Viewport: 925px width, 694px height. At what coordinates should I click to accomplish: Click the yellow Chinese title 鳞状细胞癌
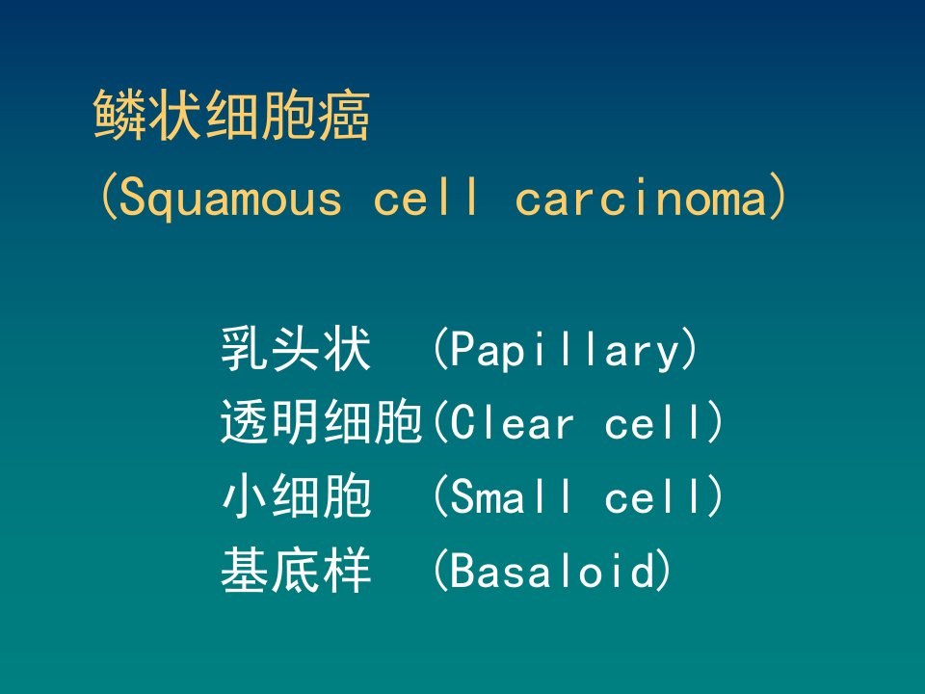[231, 115]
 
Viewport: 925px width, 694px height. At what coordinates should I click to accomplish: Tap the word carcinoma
[641, 196]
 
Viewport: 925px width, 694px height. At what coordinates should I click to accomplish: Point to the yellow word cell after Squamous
[426, 196]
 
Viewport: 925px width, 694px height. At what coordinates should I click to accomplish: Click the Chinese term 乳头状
[296, 349]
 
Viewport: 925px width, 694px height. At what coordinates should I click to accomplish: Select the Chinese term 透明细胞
[322, 422]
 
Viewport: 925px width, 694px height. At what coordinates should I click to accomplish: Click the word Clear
[512, 422]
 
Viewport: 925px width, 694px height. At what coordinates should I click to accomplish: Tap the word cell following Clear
[655, 422]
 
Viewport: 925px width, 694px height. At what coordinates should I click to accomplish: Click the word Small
[511, 495]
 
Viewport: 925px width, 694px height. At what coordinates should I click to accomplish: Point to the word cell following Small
[655, 495]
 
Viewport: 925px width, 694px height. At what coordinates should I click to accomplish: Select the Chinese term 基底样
[296, 570]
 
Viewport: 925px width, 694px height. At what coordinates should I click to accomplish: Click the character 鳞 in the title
[119, 115]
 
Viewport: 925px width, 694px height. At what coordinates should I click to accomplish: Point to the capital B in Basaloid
[463, 570]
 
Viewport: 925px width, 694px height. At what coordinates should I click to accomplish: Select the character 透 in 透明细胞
[246, 422]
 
